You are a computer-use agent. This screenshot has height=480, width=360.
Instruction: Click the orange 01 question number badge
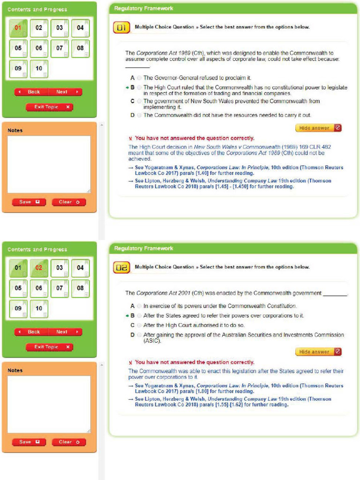[x=121, y=28]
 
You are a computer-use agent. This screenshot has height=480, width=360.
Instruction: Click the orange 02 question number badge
[x=121, y=268]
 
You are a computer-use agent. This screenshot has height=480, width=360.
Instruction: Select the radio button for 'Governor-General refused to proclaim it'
[x=139, y=78]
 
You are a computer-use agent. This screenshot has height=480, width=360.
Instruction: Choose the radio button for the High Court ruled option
[x=139, y=88]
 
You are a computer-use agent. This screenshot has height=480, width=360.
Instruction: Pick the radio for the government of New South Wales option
[x=139, y=101]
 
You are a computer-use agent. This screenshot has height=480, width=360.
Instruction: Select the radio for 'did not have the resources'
[x=139, y=115]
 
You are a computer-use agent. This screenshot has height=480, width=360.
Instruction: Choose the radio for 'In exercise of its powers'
[x=139, y=306]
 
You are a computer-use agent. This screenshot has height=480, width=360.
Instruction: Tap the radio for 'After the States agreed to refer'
[x=139, y=316]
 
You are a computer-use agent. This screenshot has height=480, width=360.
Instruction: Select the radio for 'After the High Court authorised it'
[x=139, y=325]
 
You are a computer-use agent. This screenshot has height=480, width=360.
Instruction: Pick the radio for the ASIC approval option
[x=139, y=335]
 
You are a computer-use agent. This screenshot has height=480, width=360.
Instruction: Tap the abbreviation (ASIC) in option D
[x=152, y=341]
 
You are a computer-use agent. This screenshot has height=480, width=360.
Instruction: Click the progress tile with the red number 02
[x=39, y=268]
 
